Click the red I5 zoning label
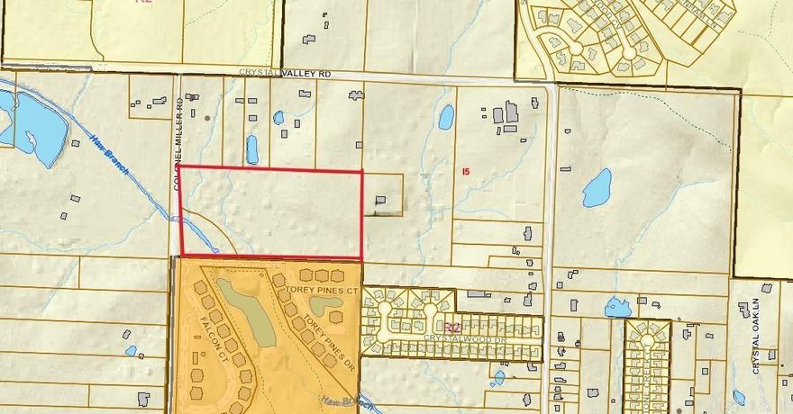click(x=465, y=170)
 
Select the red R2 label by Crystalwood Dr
click(x=451, y=328)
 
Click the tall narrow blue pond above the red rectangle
click(x=252, y=149)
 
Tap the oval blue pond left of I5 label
click(x=445, y=117)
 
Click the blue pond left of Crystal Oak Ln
click(x=618, y=307)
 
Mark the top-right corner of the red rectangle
click(x=362, y=170)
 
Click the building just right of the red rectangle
click(x=381, y=201)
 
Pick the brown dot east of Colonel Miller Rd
click(x=207, y=118)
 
